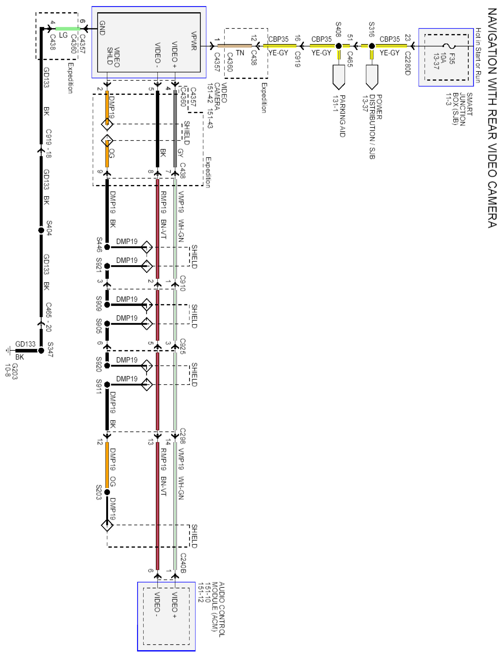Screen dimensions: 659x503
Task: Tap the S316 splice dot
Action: pyautogui.click(x=372, y=46)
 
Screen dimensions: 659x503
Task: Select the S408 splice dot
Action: pyautogui.click(x=339, y=46)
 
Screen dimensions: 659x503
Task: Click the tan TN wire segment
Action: pyautogui.click(x=235, y=46)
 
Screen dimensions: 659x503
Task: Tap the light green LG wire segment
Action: pyautogui.click(x=68, y=29)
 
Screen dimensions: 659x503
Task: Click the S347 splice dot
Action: pyautogui.click(x=41, y=350)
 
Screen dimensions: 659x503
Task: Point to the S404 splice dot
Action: pyautogui.click(x=41, y=230)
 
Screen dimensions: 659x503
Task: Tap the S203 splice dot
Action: pyautogui.click(x=107, y=492)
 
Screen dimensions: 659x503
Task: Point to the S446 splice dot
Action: pyautogui.click(x=107, y=247)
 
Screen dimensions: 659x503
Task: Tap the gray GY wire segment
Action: pyautogui.click(x=175, y=129)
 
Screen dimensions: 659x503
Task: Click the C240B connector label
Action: pyautogui.click(x=183, y=563)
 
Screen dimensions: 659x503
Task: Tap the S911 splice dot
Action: pyautogui.click(x=107, y=385)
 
